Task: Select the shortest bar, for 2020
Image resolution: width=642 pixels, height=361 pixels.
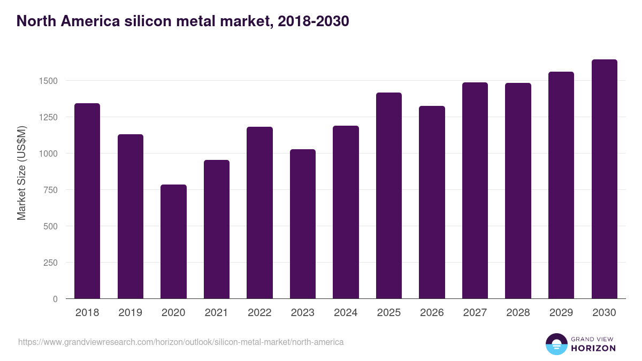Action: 173,241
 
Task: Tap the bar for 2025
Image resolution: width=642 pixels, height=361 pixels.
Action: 388,195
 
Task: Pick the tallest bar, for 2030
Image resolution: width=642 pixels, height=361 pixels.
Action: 604,179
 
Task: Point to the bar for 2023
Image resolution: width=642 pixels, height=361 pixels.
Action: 302,224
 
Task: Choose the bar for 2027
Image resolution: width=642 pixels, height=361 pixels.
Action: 475,190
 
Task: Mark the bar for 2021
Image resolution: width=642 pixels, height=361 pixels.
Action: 216,229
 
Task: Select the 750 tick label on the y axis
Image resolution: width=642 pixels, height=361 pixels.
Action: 51,190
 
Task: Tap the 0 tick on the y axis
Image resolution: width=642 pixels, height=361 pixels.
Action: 55,299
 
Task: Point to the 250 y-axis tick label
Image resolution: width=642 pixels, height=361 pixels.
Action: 51,263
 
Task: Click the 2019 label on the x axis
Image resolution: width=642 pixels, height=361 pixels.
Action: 130,313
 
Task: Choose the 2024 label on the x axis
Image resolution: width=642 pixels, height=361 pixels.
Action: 346,313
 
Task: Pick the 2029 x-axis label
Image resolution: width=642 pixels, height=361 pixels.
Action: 561,313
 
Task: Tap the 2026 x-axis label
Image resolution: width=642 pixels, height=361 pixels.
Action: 432,313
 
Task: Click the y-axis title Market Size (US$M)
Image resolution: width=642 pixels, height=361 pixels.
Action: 21,173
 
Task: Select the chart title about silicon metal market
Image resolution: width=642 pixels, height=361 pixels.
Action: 183,21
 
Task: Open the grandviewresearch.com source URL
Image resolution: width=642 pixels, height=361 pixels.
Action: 181,342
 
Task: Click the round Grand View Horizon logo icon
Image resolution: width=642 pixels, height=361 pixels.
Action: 556,344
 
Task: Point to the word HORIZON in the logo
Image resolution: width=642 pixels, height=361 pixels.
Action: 593,348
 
